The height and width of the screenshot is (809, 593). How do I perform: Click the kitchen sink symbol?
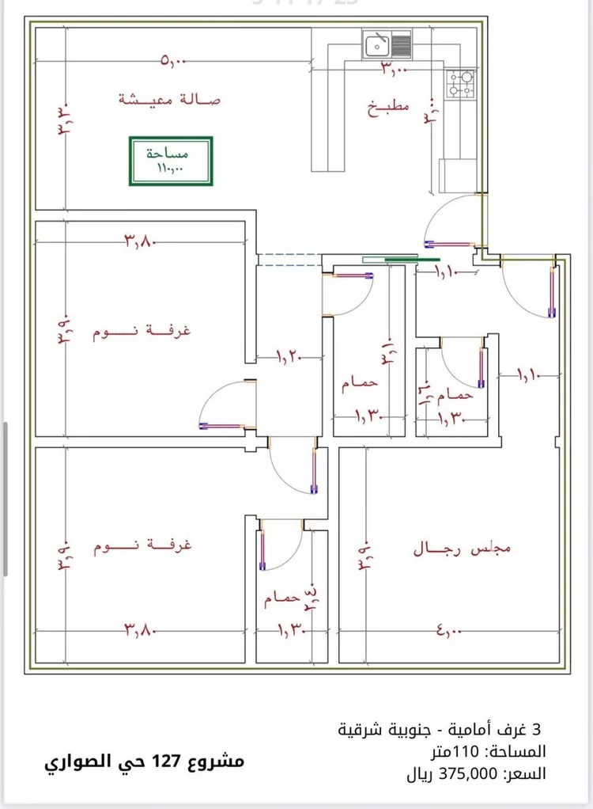pos(387,44)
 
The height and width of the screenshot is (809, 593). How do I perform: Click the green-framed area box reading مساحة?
pos(170,161)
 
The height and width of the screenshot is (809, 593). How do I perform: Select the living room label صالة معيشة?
pos(169,100)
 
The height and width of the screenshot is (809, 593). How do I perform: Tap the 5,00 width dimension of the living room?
pos(172,60)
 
